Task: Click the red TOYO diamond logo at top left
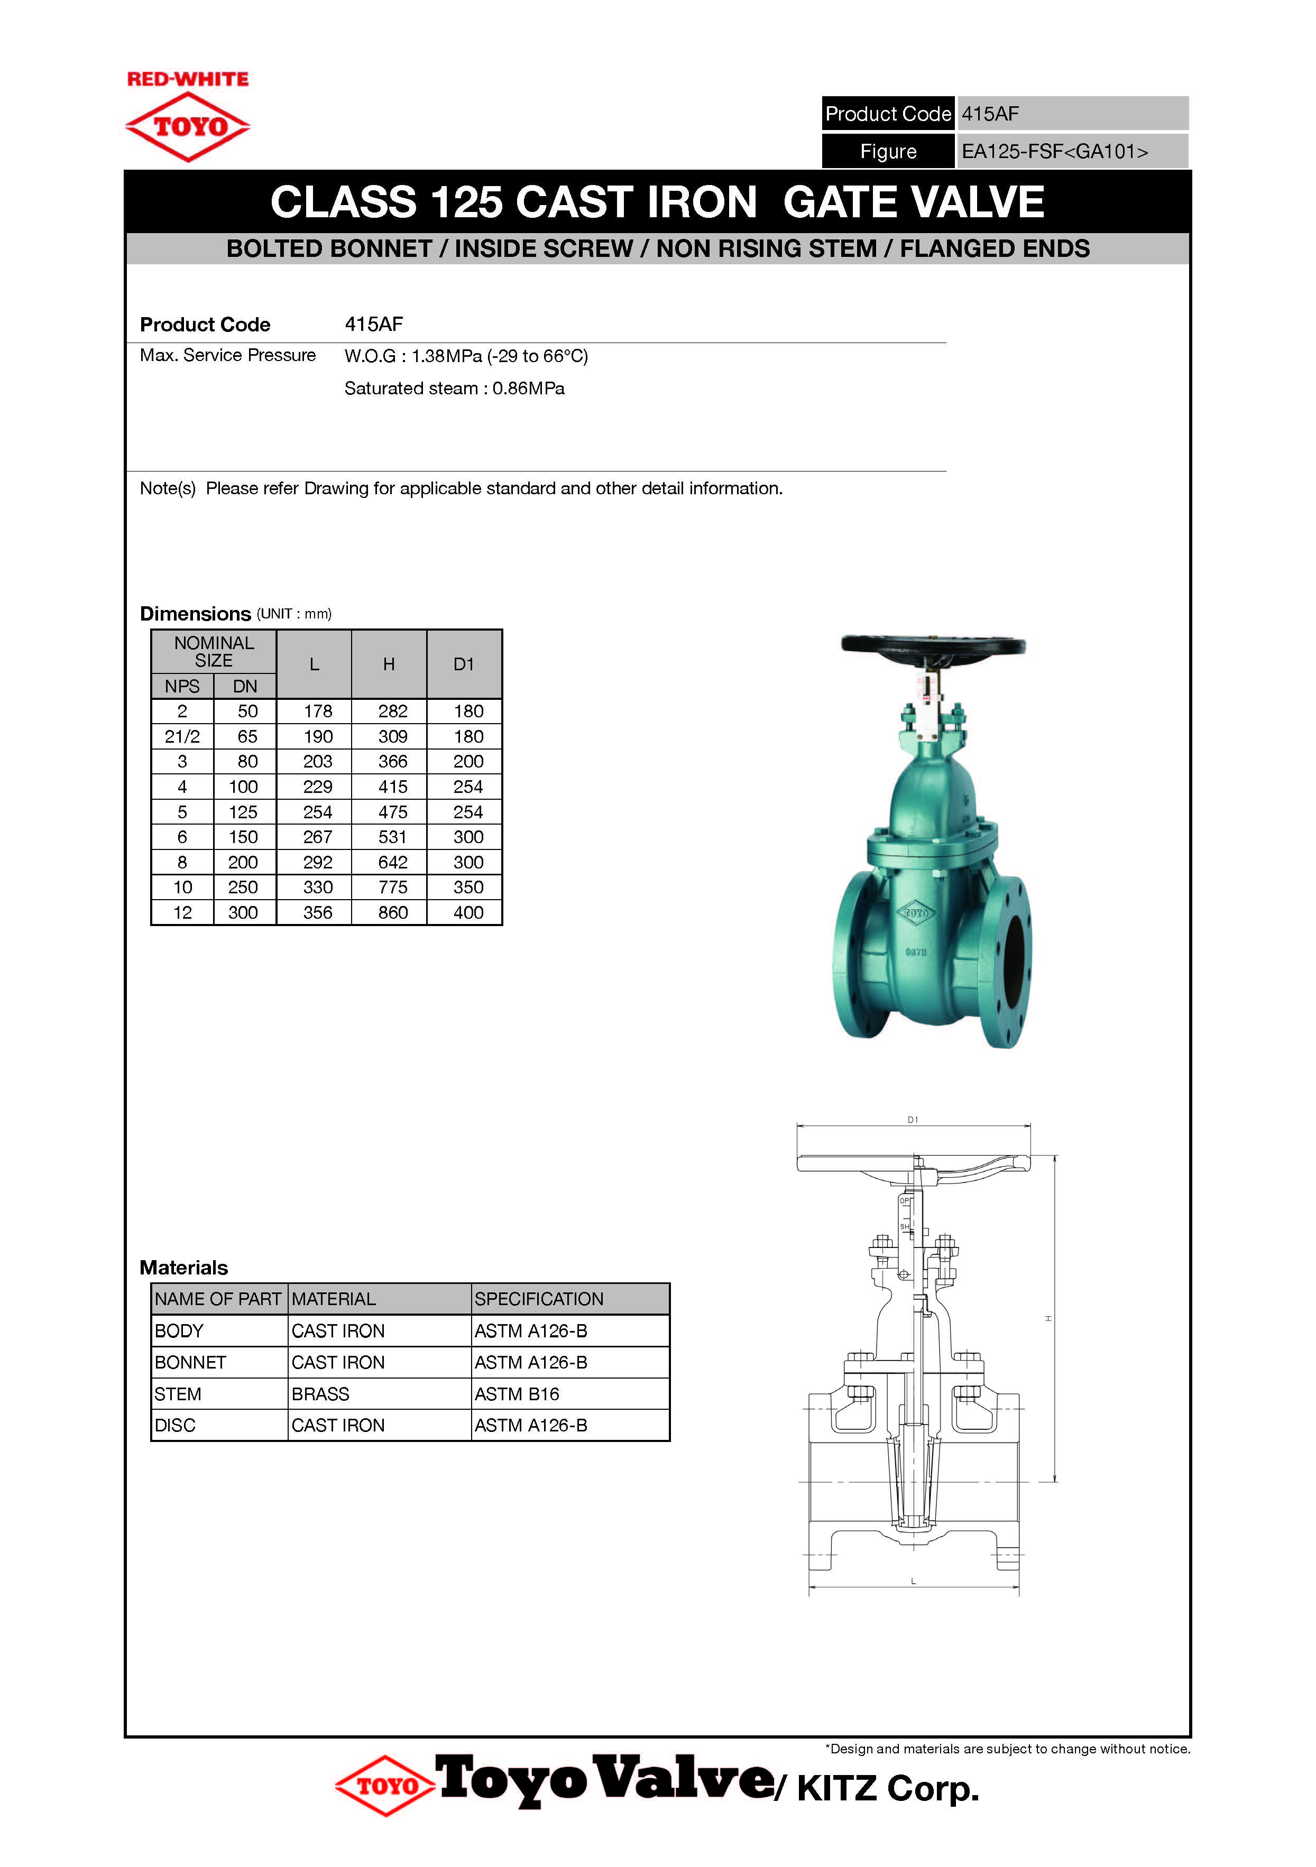coord(188,126)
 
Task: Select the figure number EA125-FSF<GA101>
coord(1054,152)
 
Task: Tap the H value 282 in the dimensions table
coord(393,711)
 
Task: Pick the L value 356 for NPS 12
coord(317,912)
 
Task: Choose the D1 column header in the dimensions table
coord(464,664)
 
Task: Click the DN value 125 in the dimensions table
coord(243,812)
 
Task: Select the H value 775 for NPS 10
coord(393,887)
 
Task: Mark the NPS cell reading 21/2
coord(182,737)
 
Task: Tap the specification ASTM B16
coord(517,1394)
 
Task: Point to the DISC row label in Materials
coord(176,1426)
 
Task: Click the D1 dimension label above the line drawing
coord(913,1120)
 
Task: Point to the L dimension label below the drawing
coord(914,1582)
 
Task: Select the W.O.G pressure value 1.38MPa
coord(447,356)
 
